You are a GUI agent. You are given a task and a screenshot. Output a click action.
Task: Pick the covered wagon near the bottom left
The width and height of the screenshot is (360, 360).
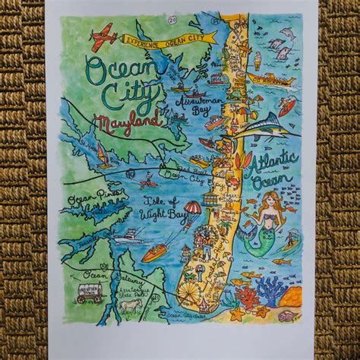tap(91, 294)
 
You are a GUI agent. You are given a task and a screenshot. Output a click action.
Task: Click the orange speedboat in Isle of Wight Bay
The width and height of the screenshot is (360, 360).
tap(156, 251)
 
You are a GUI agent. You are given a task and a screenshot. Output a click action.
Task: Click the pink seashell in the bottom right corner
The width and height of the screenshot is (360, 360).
tap(289, 314)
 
